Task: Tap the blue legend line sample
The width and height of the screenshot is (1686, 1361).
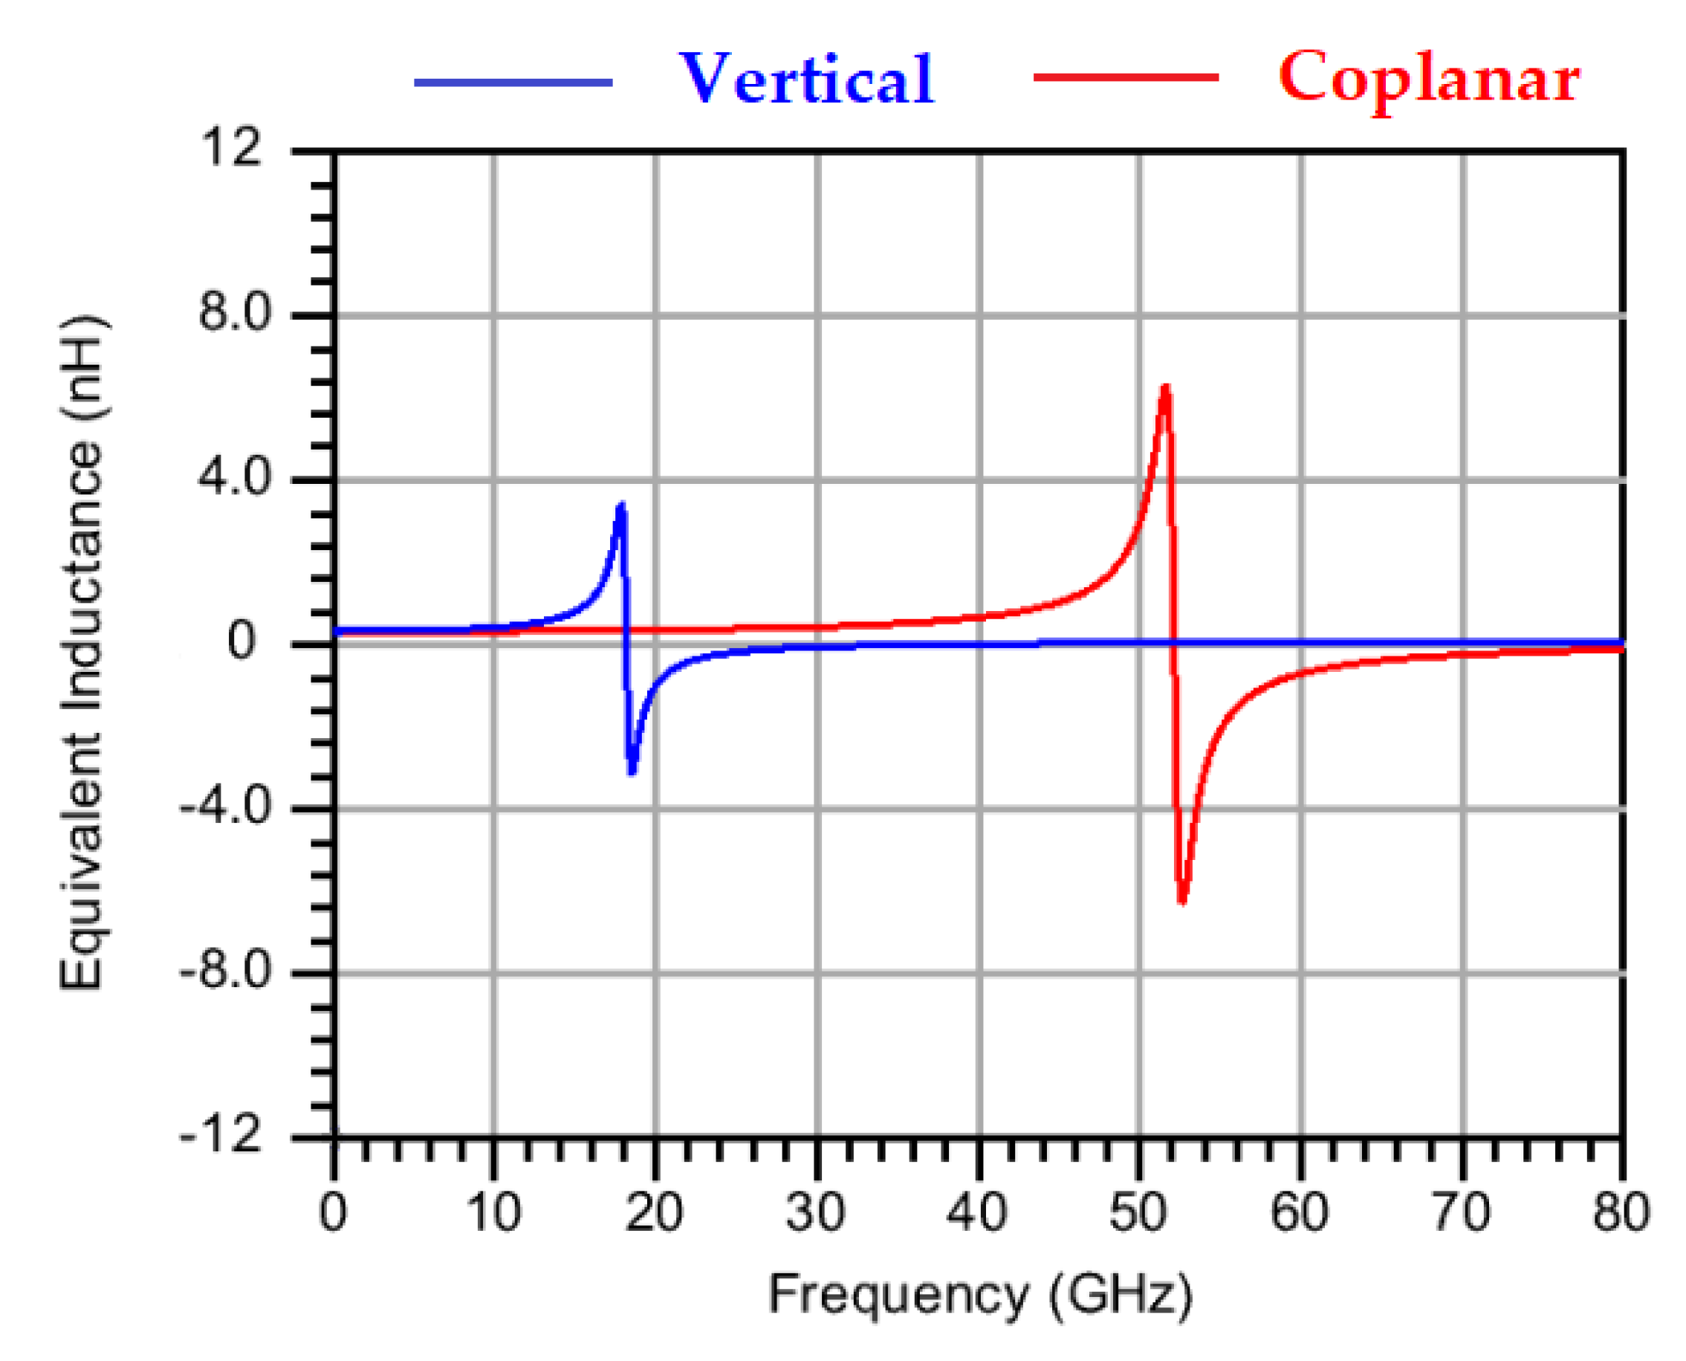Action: click(513, 82)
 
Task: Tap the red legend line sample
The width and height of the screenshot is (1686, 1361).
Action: click(1126, 77)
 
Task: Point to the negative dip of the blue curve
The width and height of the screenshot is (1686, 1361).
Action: click(632, 772)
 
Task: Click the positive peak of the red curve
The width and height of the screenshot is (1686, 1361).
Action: click(1166, 387)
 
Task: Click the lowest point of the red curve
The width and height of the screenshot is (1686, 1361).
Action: click(1182, 902)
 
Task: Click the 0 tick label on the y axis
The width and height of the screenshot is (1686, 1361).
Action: click(241, 641)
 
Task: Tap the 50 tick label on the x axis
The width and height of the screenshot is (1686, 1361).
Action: click(1138, 1212)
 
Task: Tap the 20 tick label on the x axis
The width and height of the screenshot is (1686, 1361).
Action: click(654, 1212)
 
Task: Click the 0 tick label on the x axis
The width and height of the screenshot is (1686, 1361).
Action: click(332, 1212)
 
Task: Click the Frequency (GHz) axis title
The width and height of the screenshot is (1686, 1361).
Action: click(979, 1294)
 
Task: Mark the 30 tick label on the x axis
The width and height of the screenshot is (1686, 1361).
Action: click(815, 1212)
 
